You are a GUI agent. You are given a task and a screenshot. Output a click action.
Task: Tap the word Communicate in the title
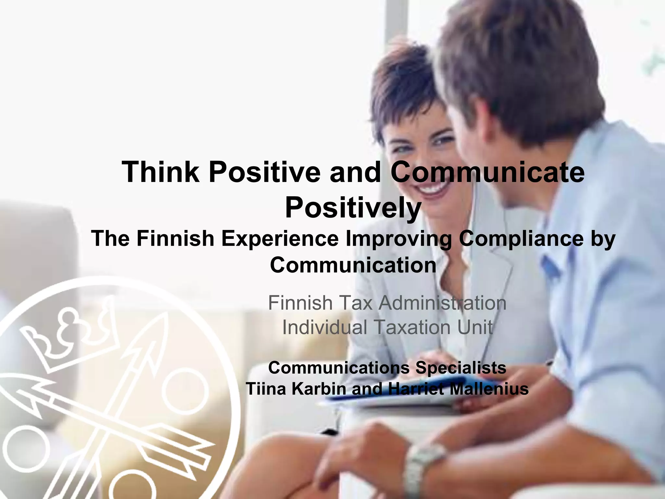(487, 172)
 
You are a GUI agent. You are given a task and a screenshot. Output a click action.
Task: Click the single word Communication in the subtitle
(353, 265)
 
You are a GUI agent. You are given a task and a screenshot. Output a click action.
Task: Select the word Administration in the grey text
(442, 303)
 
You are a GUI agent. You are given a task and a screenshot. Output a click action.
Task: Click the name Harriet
(416, 389)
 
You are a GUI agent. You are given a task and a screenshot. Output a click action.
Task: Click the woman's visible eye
(442, 141)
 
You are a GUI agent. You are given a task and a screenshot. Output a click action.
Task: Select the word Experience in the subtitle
(280, 239)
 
